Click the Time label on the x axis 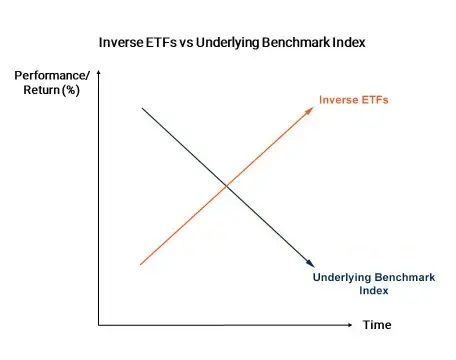pos(377,325)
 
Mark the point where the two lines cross pos(226,186)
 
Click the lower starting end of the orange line pos(141,265)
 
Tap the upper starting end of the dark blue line pos(142,107)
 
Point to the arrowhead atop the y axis pos(99,75)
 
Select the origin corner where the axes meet pos(99,325)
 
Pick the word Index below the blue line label pos(372,291)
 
